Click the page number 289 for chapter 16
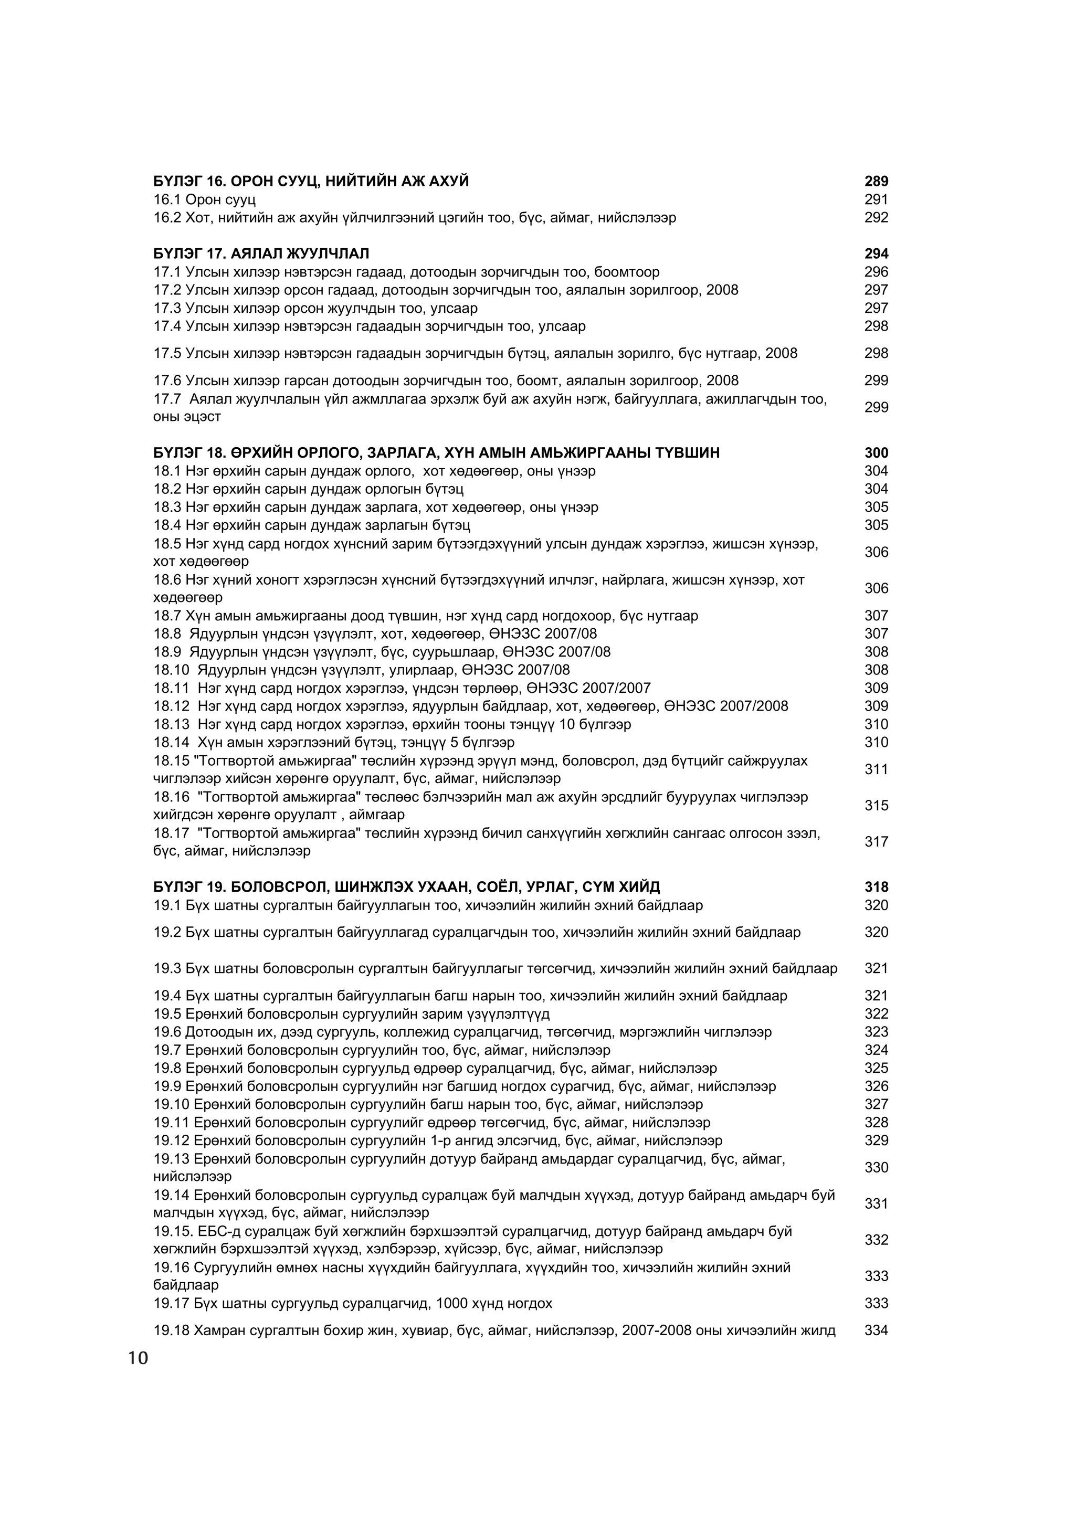[x=876, y=182]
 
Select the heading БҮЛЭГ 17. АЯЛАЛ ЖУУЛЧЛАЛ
[x=261, y=254]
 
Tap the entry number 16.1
[x=167, y=199]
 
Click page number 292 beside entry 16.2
[x=876, y=217]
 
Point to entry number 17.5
[x=167, y=353]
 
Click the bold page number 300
[x=876, y=453]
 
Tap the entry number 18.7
[x=167, y=616]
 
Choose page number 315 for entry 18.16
[x=876, y=806]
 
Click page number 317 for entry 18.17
[x=876, y=842]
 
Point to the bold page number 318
[x=876, y=887]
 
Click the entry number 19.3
[x=167, y=968]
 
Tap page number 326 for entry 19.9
[x=876, y=1086]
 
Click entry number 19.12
[x=172, y=1141]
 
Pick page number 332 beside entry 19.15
[x=876, y=1240]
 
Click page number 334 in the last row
[x=876, y=1330]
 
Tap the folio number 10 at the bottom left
[x=139, y=1359]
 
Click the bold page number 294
[x=876, y=254]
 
